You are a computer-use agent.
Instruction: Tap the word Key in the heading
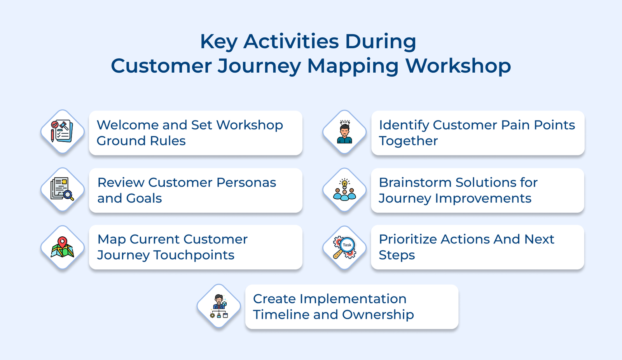point(218,42)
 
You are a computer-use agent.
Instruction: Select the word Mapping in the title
point(353,66)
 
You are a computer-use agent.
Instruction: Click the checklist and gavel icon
point(62,131)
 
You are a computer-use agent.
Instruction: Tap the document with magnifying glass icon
point(62,189)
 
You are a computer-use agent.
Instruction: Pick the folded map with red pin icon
point(62,247)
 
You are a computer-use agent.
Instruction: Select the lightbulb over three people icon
point(344,190)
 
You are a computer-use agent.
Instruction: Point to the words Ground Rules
point(141,141)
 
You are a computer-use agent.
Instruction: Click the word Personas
point(246,182)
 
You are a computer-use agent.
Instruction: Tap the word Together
point(408,141)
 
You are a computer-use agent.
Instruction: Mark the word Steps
point(397,255)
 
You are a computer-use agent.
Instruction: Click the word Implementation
point(353,299)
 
